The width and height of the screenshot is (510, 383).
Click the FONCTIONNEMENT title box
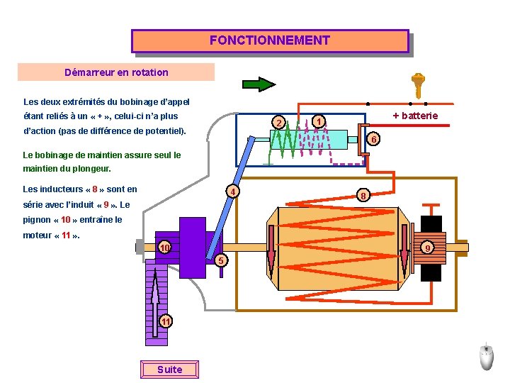click(270, 40)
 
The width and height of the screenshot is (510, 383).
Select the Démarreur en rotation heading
click(116, 72)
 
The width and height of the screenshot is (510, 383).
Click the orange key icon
click(418, 85)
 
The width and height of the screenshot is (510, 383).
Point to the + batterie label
click(415, 116)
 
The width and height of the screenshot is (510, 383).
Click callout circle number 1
click(319, 121)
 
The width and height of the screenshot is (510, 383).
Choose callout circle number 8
click(363, 195)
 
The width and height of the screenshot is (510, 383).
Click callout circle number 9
click(426, 248)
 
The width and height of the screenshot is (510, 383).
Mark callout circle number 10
click(164, 248)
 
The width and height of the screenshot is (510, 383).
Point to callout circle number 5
click(220, 260)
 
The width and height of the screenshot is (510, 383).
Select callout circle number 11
click(165, 321)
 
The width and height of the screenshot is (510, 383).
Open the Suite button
click(170, 370)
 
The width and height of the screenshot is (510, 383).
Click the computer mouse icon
click(486, 356)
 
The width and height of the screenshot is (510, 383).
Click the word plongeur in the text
click(91, 170)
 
